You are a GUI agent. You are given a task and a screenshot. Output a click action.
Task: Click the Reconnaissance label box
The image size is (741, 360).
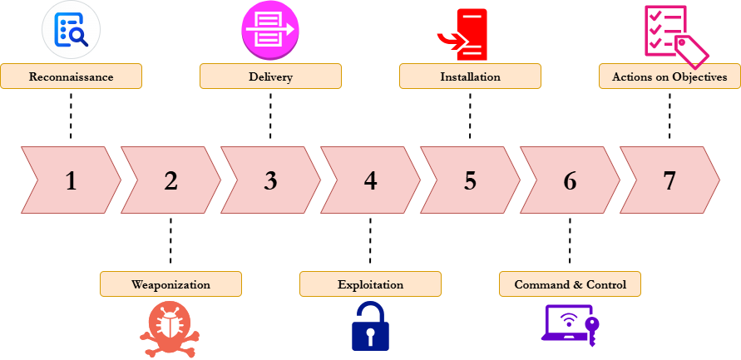(x=71, y=76)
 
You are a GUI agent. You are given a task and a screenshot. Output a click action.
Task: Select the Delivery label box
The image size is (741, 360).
(x=270, y=76)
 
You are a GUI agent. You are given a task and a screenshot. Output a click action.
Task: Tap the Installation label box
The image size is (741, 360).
(x=470, y=76)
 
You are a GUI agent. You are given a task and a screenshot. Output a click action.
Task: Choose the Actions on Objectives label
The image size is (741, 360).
(x=669, y=76)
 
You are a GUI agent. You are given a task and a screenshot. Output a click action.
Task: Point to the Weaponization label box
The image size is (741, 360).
(x=170, y=284)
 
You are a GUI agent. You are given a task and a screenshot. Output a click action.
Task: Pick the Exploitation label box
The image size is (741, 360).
(x=370, y=284)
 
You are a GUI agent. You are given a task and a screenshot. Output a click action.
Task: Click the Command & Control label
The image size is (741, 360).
(x=570, y=284)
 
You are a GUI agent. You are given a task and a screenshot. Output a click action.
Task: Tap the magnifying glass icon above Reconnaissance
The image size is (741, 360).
(x=71, y=30)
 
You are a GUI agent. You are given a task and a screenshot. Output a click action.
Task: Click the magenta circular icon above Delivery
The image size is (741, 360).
(x=270, y=30)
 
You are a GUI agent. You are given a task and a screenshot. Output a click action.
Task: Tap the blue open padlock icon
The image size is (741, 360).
(x=370, y=325)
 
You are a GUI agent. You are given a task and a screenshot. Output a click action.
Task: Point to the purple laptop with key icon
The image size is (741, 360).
(x=571, y=323)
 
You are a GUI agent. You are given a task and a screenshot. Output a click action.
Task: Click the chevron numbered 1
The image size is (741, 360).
(x=71, y=180)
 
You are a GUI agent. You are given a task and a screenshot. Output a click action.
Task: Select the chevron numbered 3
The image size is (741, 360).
(x=270, y=180)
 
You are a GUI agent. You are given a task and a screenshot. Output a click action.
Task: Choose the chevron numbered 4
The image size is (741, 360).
(x=370, y=180)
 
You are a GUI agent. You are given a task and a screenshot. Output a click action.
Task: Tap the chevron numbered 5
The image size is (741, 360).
(x=470, y=180)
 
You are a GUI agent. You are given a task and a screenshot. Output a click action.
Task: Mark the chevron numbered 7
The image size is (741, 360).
(x=669, y=180)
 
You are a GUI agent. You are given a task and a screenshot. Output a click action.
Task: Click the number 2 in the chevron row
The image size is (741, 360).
(x=170, y=180)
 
